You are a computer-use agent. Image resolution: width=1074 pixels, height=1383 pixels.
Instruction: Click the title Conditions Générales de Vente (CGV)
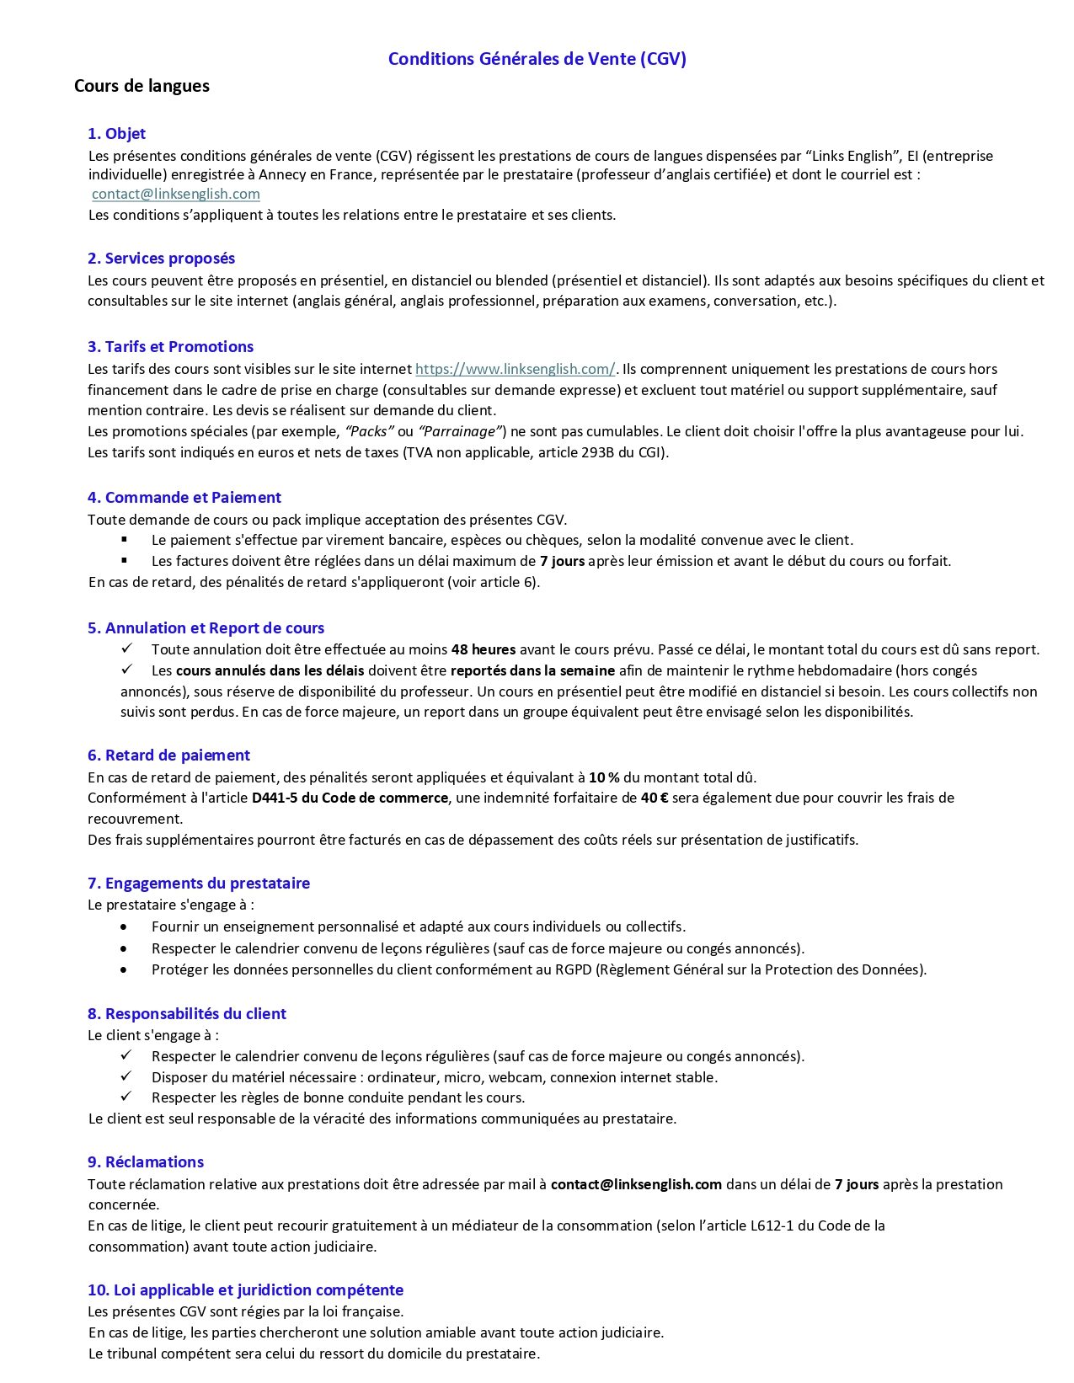click(537, 59)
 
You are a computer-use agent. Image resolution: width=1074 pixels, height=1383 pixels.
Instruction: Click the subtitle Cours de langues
click(142, 86)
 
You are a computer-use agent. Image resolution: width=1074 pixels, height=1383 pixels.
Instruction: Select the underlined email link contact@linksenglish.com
click(175, 194)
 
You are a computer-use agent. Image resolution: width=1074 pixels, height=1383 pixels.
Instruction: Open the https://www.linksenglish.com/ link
click(515, 369)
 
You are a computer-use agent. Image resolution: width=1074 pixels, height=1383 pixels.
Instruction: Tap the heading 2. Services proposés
click(161, 259)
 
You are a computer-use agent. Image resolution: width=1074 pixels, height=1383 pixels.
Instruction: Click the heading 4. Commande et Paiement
click(184, 498)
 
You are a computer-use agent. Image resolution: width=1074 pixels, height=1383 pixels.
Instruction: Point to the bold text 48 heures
click(484, 649)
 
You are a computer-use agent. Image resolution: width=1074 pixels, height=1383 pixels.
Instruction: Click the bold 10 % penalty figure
click(604, 777)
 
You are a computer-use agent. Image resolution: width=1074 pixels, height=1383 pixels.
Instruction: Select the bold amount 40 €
click(654, 798)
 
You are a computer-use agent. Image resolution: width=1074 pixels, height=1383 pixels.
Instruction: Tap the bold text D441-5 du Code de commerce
click(350, 798)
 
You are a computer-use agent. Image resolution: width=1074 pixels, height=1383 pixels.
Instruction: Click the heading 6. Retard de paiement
click(168, 756)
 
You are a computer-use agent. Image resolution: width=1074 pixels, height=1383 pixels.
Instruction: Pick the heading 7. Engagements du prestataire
click(199, 884)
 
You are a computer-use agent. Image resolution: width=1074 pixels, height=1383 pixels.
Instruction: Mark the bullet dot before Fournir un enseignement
click(125, 926)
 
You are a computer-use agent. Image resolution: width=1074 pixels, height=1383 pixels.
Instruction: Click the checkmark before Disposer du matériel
click(126, 1076)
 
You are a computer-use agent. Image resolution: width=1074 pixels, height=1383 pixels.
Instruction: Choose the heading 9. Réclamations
click(146, 1162)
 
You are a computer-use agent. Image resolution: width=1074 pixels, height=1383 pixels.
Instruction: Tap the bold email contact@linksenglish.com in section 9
click(636, 1184)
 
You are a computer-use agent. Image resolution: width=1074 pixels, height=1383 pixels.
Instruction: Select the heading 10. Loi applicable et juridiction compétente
click(245, 1290)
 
